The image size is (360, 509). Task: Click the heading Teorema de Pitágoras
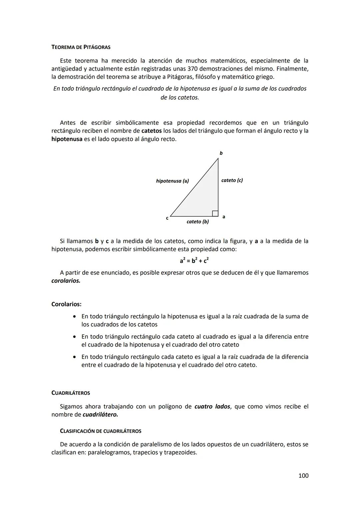(81, 47)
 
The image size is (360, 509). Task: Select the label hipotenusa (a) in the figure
(172, 181)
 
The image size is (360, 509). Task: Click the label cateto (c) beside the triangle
(232, 180)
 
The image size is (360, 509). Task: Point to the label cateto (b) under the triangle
(198, 222)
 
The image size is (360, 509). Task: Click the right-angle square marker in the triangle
(215, 213)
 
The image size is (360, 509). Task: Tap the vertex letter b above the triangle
(221, 153)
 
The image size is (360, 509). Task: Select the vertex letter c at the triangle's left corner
(167, 218)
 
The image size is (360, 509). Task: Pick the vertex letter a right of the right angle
(224, 217)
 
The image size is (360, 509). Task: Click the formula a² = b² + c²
(194, 260)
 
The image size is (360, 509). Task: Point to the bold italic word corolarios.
(66, 281)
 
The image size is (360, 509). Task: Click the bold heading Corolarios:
(66, 304)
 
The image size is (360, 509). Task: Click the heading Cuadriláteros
(71, 393)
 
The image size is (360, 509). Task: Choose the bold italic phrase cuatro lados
(212, 407)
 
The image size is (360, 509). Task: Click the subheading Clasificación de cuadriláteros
(100, 431)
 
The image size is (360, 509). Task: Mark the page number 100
(303, 476)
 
